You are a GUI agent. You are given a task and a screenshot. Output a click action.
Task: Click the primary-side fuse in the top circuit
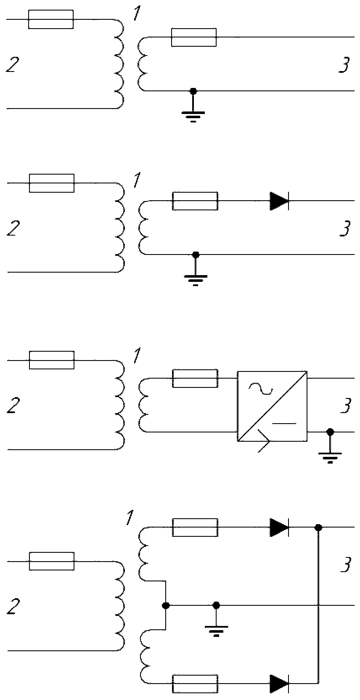(x=51, y=19)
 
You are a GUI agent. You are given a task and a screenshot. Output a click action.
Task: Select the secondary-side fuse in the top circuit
(x=194, y=37)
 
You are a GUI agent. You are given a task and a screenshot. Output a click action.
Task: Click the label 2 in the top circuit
(x=13, y=65)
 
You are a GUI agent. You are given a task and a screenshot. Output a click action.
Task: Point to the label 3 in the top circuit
(x=344, y=65)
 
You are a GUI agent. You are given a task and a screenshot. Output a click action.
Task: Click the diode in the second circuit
(x=279, y=201)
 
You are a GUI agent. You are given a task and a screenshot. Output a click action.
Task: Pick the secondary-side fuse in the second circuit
(x=195, y=201)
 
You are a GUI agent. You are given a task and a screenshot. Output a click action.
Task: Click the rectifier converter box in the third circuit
(x=272, y=406)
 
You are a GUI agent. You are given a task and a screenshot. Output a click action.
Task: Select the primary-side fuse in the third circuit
(x=52, y=360)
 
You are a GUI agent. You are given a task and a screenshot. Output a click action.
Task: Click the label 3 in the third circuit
(x=346, y=405)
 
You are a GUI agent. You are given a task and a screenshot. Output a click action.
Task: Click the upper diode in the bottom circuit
(x=279, y=528)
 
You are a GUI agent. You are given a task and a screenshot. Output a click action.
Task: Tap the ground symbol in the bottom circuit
(x=216, y=621)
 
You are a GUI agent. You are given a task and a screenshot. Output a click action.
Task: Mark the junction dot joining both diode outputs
(x=318, y=528)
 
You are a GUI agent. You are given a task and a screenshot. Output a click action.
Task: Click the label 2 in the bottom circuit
(x=13, y=606)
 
